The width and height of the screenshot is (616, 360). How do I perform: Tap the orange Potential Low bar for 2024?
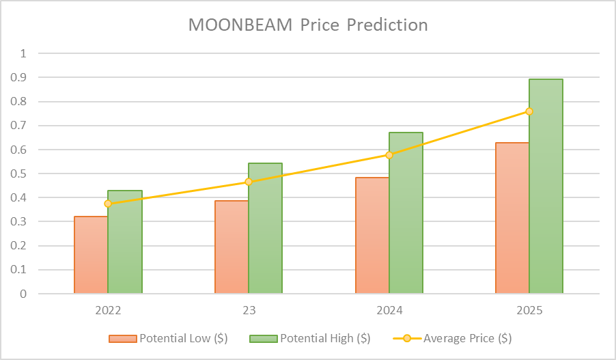[x=372, y=236]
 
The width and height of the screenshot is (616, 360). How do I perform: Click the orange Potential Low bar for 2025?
[x=512, y=218]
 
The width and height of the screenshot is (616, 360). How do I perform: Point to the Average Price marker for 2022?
[x=108, y=204]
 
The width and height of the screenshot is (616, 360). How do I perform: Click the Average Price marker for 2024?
[x=389, y=155]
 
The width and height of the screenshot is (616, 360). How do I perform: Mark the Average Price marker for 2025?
[x=529, y=111]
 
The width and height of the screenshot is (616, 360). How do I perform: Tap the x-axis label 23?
[x=249, y=311]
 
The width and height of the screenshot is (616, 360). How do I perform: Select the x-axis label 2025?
[x=529, y=311]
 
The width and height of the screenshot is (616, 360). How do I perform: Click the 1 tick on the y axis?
[x=24, y=53]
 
